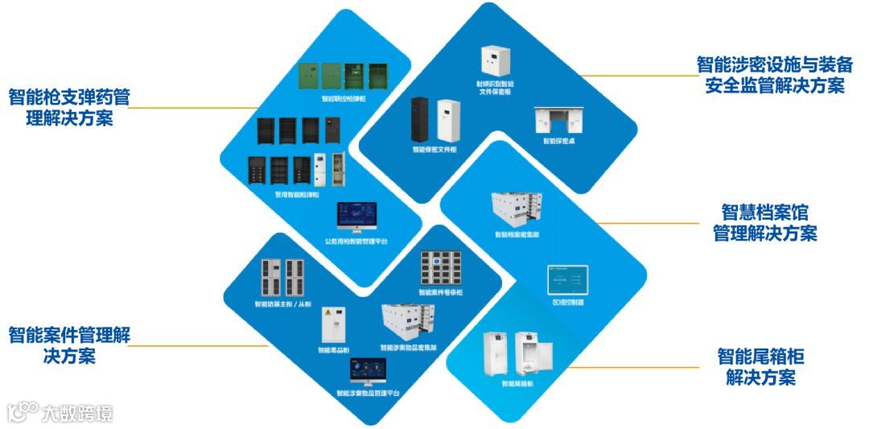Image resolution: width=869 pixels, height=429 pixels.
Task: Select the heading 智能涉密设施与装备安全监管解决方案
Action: tap(771, 75)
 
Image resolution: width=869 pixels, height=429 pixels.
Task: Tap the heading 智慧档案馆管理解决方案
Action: tap(764, 223)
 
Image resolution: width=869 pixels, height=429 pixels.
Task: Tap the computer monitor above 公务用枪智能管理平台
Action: tap(357, 217)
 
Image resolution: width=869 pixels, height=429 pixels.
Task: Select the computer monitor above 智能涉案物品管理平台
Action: tap(368, 371)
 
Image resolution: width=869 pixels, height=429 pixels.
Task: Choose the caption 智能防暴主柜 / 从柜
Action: tap(282, 304)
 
